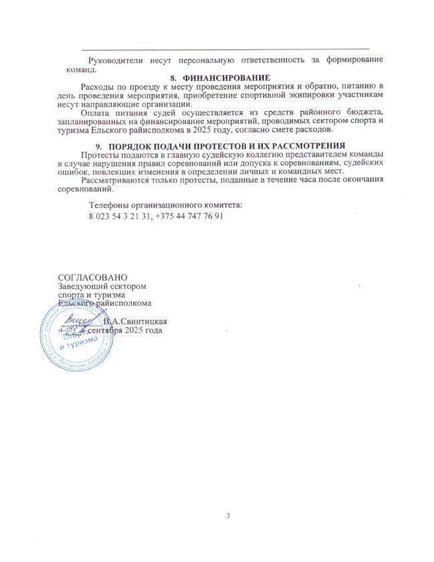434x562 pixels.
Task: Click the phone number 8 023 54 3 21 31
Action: [x=121, y=217]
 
